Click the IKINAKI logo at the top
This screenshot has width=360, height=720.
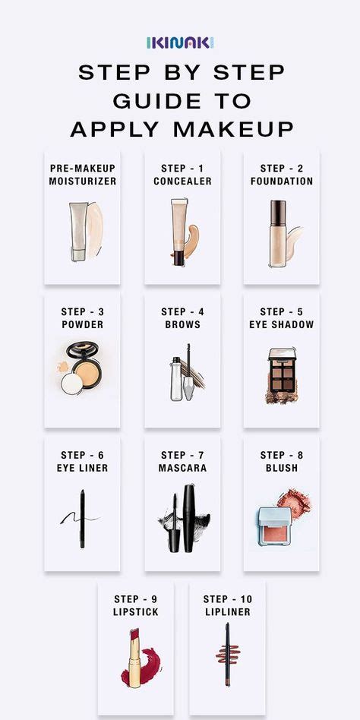point(180,43)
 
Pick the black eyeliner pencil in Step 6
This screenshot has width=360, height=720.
point(82,518)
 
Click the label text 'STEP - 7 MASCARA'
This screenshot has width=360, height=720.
point(182,462)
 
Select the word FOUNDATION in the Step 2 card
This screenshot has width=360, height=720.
point(282,182)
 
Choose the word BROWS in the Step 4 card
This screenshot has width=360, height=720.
point(182,324)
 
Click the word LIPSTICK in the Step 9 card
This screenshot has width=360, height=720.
point(137,612)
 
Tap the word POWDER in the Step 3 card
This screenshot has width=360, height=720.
point(82,324)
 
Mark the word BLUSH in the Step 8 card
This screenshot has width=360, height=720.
point(282,469)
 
